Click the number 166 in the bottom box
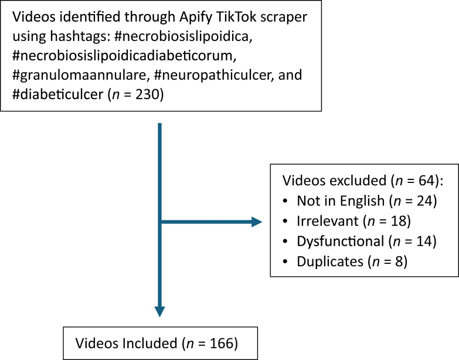(217, 342)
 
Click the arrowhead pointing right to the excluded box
(256, 222)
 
